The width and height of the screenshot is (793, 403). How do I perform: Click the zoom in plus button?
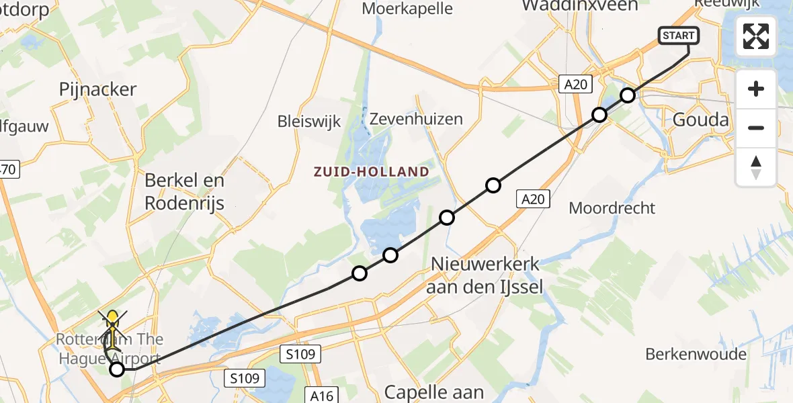pyautogui.click(x=756, y=89)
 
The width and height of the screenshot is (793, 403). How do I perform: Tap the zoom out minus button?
pyautogui.click(x=756, y=128)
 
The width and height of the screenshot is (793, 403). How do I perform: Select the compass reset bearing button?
pyautogui.click(x=756, y=167)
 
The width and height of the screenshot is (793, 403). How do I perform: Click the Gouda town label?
pyautogui.click(x=701, y=120)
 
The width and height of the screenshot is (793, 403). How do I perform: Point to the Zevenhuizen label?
pyautogui.click(x=417, y=120)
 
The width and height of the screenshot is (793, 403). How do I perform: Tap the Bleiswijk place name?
pyautogui.click(x=309, y=122)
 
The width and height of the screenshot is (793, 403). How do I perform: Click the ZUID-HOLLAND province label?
pyautogui.click(x=371, y=171)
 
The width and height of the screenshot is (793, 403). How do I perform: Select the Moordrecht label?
pyautogui.click(x=612, y=208)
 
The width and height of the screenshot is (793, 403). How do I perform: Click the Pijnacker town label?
pyautogui.click(x=98, y=89)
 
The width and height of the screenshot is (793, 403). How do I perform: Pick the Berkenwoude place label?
pyautogui.click(x=696, y=354)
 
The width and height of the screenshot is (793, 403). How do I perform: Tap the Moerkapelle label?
pyautogui.click(x=407, y=9)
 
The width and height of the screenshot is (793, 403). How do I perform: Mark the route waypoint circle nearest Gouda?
pyautogui.click(x=628, y=95)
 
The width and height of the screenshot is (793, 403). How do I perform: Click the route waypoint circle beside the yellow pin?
pyautogui.click(x=117, y=368)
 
